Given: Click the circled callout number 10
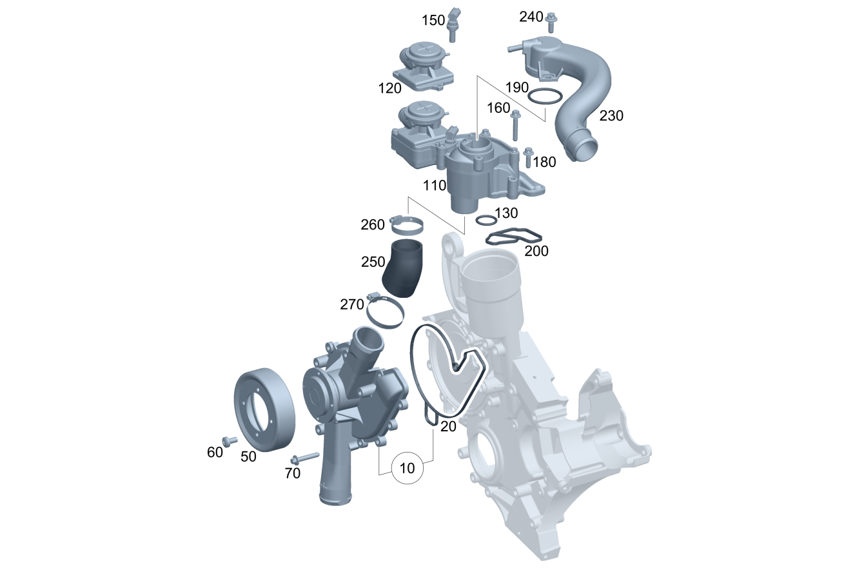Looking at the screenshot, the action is [408, 468].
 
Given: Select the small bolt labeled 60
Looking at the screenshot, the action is [229, 441].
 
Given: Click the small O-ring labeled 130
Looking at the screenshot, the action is [486, 220].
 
